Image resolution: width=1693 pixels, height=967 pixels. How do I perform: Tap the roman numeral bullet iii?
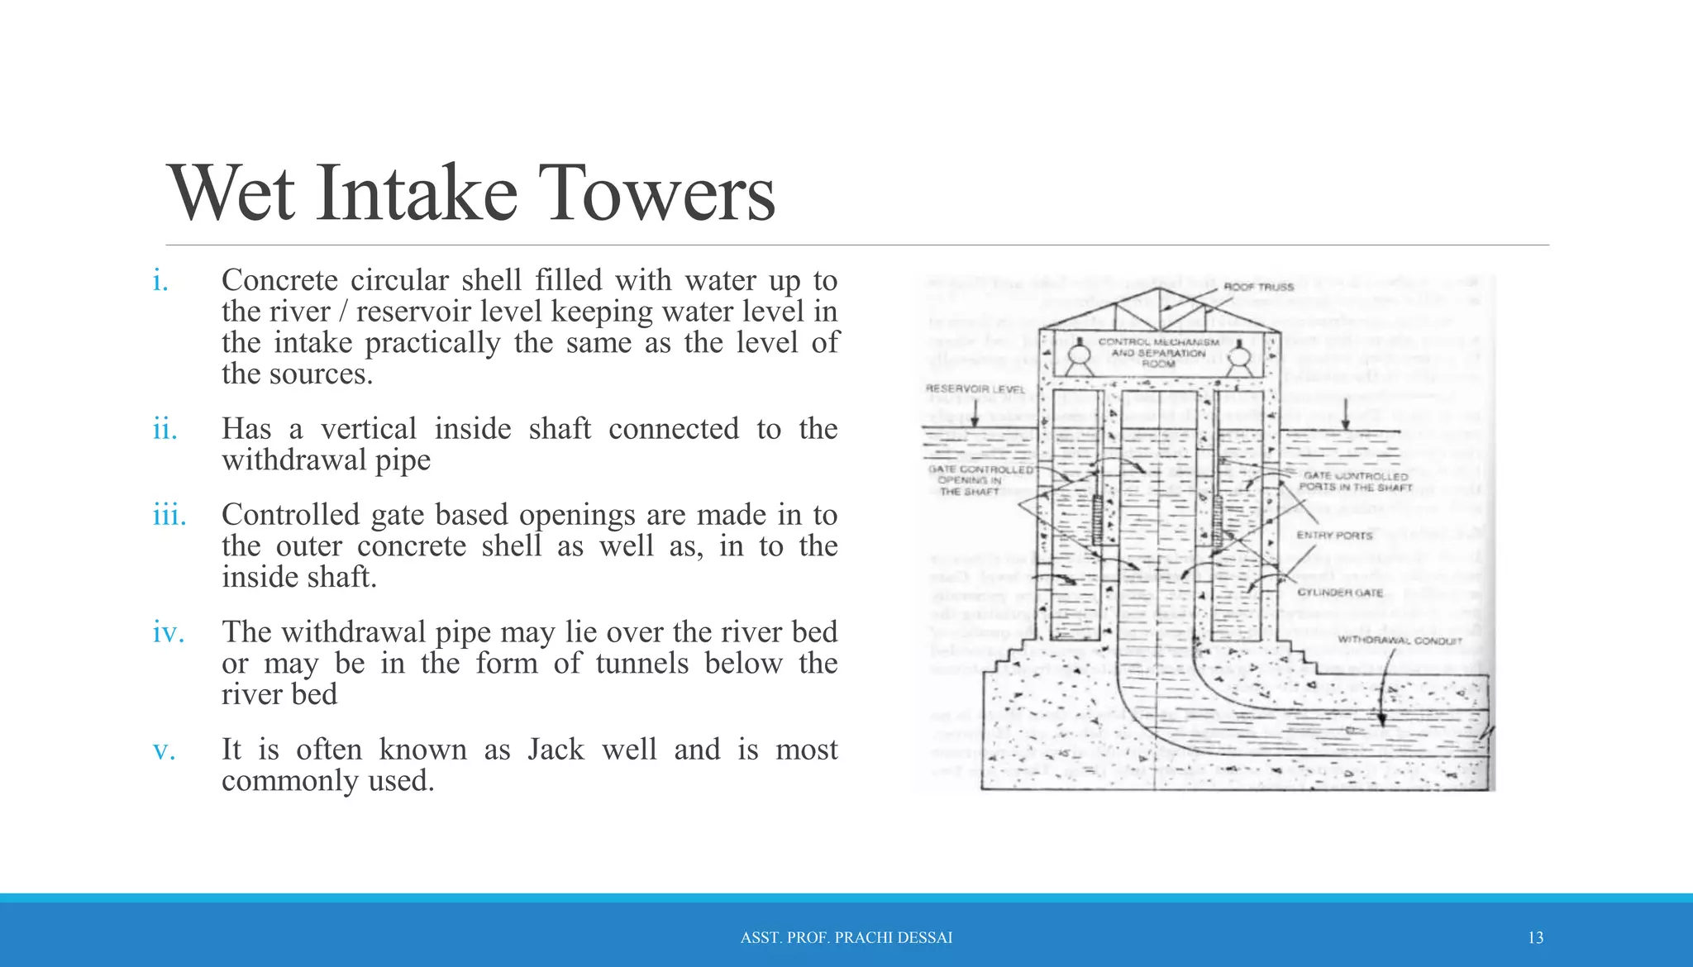click(x=169, y=515)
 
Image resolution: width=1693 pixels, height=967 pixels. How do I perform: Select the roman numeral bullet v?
click(x=164, y=750)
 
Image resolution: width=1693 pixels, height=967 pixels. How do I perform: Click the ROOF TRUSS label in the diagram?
click(x=1258, y=287)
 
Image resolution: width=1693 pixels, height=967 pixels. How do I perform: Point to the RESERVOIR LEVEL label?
click(x=975, y=388)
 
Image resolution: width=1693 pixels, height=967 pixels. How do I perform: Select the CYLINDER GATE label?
click(x=1339, y=593)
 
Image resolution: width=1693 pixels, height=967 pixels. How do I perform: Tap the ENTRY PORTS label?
click(x=1333, y=536)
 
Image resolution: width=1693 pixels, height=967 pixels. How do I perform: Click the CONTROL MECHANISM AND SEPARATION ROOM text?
click(x=1158, y=353)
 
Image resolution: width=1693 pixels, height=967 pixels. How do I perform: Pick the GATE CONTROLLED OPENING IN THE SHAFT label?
click(x=979, y=480)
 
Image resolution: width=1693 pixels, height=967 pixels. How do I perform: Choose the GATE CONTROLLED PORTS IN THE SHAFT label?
click(x=1355, y=482)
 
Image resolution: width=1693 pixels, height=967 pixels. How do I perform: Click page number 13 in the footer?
click(x=1535, y=938)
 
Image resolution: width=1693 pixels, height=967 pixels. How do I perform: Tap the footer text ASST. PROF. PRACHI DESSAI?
click(x=846, y=938)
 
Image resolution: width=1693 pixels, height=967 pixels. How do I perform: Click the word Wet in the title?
click(x=231, y=193)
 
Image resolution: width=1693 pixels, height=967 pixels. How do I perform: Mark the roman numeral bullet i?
click(x=160, y=281)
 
